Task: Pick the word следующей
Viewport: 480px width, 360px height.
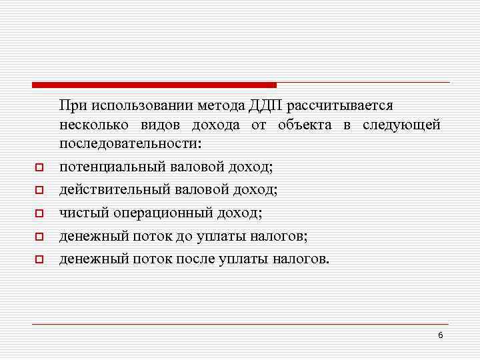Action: (x=402, y=125)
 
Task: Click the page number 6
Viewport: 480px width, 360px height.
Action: (x=440, y=335)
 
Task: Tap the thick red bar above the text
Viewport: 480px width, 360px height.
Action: (x=154, y=85)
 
